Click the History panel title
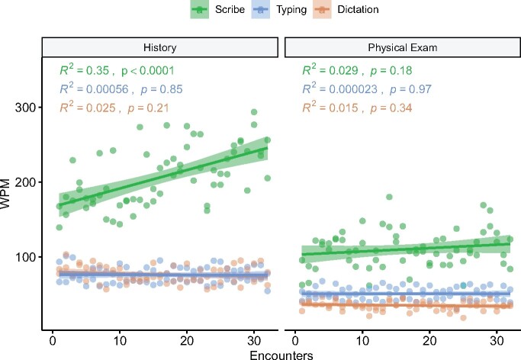tap(159, 47)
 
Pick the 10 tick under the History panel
tap(120, 339)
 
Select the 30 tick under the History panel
tap(255, 339)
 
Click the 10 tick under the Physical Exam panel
tap(362, 339)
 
